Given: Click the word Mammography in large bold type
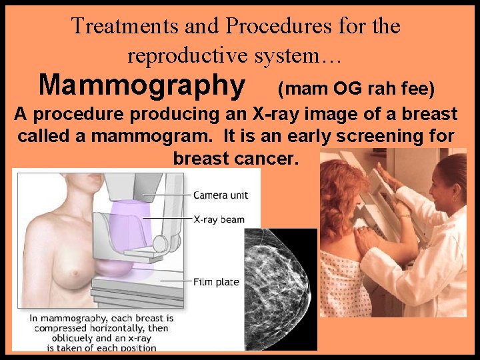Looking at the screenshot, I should coord(141,86).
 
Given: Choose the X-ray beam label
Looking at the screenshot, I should coord(219,219).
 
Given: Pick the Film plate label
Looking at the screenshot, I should coord(216,282).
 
